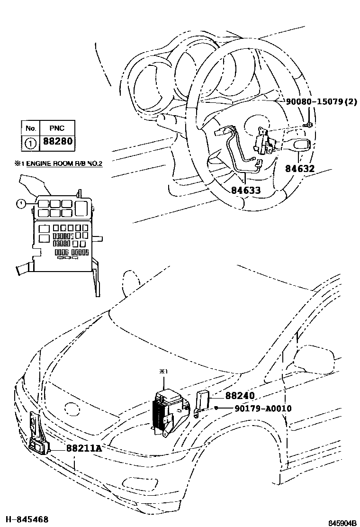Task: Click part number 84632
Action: click(299, 168)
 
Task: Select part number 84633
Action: click(246, 190)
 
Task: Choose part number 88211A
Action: click(84, 447)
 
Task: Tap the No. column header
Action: click(31, 128)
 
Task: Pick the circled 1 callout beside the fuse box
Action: click(20, 204)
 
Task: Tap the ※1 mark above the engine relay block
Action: click(162, 372)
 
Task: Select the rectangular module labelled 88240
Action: click(203, 399)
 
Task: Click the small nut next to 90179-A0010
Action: click(216, 408)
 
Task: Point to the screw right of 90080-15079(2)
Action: click(309, 125)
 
